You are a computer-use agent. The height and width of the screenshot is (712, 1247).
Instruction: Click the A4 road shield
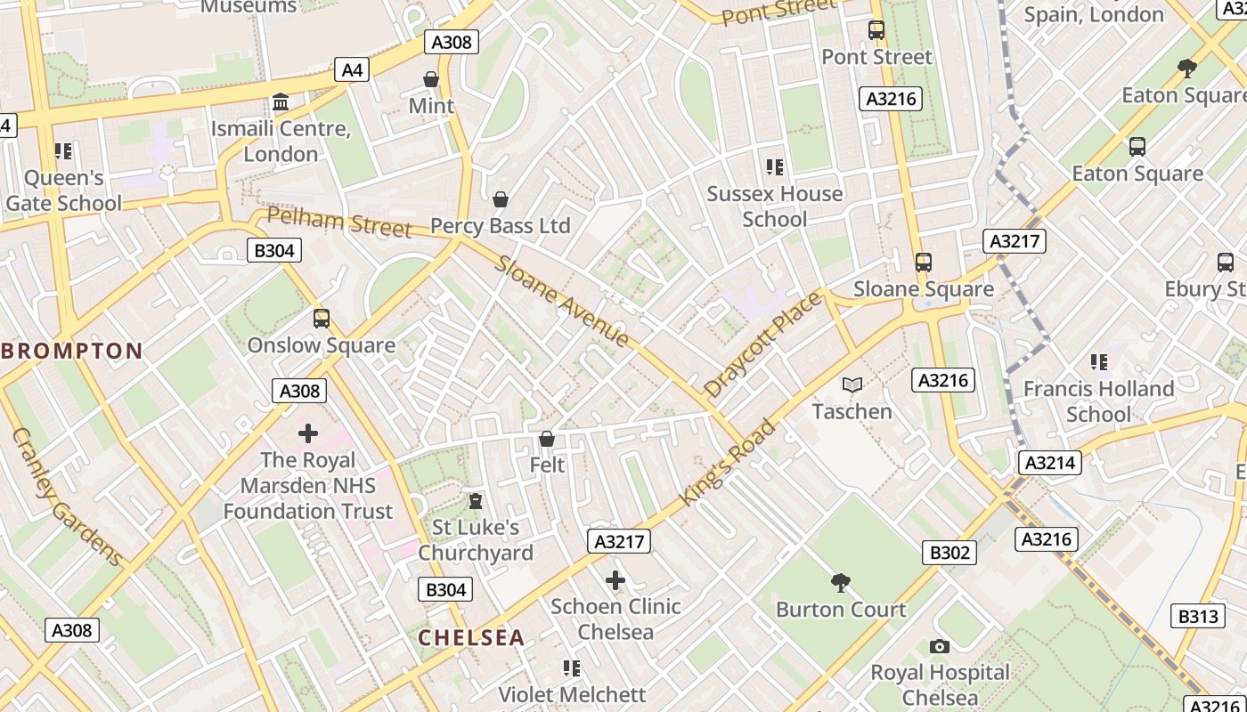pyautogui.click(x=353, y=69)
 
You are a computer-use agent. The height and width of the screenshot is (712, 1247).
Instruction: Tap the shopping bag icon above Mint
pyautogui.click(x=431, y=80)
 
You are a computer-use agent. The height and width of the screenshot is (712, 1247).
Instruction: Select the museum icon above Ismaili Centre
pyautogui.click(x=281, y=102)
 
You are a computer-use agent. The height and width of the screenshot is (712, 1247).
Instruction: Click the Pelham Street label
pyautogui.click(x=339, y=222)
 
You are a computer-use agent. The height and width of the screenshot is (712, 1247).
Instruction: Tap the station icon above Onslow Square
pyautogui.click(x=322, y=319)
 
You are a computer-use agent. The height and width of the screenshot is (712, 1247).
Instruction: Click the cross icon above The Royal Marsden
pyautogui.click(x=308, y=433)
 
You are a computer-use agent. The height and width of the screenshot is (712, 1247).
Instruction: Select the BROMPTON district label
pyautogui.click(x=71, y=351)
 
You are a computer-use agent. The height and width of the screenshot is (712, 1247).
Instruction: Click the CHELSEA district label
pyautogui.click(x=471, y=637)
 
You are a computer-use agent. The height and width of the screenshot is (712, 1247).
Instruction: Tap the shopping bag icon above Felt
pyautogui.click(x=547, y=439)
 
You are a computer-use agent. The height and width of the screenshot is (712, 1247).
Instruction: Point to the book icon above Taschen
pyautogui.click(x=852, y=384)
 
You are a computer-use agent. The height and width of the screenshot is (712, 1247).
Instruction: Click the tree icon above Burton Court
pyautogui.click(x=840, y=583)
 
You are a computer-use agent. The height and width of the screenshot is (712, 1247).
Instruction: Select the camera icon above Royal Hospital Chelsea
pyautogui.click(x=939, y=646)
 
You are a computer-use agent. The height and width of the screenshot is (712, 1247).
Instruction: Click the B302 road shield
pyautogui.click(x=950, y=553)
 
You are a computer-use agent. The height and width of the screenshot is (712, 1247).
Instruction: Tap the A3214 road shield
pyautogui.click(x=1050, y=463)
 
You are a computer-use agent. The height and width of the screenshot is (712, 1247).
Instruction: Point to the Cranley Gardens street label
pyautogui.click(x=67, y=497)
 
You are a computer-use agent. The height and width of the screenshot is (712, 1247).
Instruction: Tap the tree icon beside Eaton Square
pyautogui.click(x=1186, y=68)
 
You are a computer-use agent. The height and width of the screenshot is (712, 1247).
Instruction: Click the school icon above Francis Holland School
pyautogui.click(x=1099, y=362)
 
